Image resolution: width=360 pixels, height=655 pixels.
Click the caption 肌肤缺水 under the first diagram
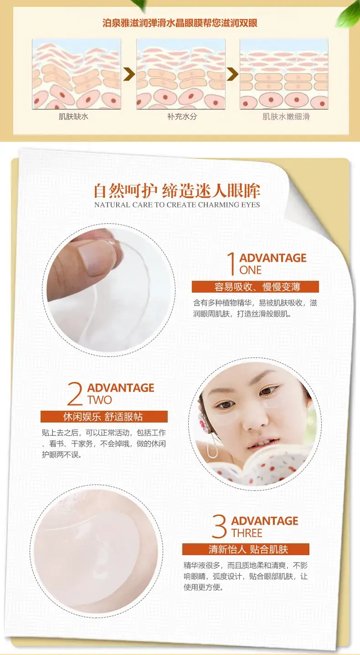(x=73, y=117)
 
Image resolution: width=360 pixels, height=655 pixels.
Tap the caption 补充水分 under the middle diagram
(x=182, y=117)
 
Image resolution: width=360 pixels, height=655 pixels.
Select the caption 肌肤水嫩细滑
(x=286, y=117)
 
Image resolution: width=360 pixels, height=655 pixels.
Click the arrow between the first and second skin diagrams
(x=129, y=74)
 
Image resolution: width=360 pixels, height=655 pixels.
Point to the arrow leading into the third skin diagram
(x=232, y=74)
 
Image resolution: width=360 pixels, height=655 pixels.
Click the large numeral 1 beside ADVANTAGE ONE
(x=231, y=264)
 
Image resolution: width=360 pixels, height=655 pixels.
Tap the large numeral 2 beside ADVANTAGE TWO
(x=75, y=394)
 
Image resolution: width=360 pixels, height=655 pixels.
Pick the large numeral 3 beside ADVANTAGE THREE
(x=219, y=526)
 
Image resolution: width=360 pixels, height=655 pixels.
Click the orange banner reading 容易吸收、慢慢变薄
(x=255, y=287)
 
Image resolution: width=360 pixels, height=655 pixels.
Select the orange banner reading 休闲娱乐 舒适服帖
(x=104, y=417)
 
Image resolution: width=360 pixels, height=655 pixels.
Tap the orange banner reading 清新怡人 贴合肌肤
(x=246, y=549)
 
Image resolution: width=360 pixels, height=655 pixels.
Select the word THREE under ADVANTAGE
(x=247, y=533)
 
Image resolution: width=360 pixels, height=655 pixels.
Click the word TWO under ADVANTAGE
(x=99, y=400)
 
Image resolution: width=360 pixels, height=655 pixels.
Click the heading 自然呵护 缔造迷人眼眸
(x=177, y=191)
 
